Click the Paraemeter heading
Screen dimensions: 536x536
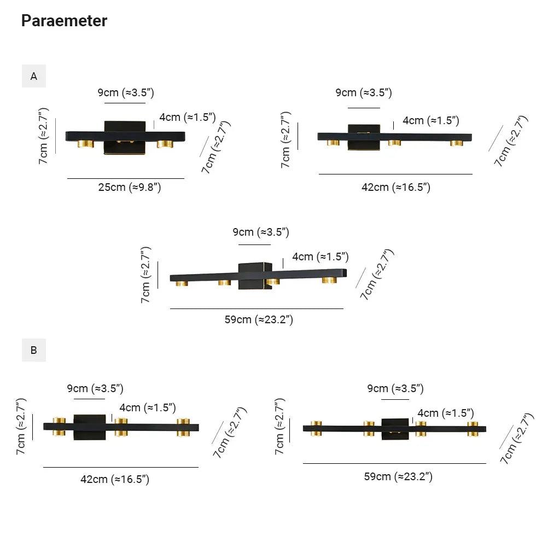(64, 21)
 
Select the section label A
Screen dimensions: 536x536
(34, 76)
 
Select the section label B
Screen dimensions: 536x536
(34, 350)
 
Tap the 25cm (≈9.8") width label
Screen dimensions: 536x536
(130, 187)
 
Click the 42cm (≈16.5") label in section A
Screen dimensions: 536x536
(396, 187)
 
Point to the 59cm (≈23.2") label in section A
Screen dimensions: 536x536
(259, 319)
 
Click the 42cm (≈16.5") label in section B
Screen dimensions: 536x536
(115, 479)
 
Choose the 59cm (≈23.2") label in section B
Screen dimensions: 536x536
(398, 476)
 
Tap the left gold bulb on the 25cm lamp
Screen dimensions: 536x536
(85, 144)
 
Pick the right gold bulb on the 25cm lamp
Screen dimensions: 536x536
(165, 144)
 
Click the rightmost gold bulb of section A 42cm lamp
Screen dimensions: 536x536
(456, 143)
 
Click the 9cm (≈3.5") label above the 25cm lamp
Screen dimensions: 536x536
(126, 92)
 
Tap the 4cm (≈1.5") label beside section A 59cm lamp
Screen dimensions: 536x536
(320, 257)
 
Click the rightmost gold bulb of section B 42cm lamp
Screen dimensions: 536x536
(183, 427)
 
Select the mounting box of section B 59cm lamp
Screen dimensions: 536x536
(395, 429)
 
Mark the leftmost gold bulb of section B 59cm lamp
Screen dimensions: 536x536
(316, 428)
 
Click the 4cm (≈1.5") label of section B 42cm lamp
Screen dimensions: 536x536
(147, 407)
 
